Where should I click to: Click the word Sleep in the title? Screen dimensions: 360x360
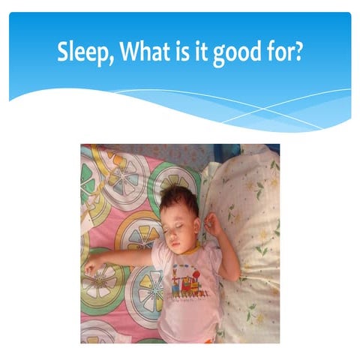pos(81,53)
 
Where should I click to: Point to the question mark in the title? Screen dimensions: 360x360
pos(299,52)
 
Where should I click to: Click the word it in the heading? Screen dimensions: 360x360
pos(199,52)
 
